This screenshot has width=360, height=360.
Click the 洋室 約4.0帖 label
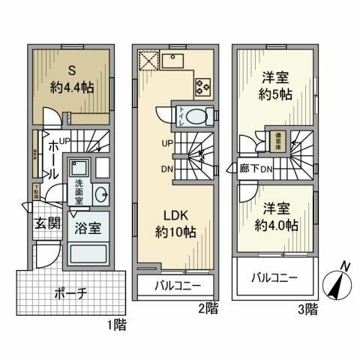tap(276, 216)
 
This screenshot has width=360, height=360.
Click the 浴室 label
tap(88, 224)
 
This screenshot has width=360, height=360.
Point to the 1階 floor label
tap(115, 325)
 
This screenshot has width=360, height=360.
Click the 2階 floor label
tap(207, 307)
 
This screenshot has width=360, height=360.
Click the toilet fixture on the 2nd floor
tap(194, 116)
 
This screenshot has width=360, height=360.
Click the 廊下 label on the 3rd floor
tap(250, 169)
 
